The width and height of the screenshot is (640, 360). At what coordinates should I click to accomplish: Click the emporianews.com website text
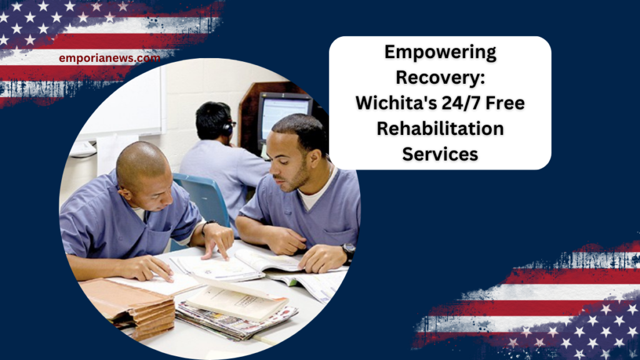click(109, 58)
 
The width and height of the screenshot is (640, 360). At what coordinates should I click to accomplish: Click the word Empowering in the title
click(440, 53)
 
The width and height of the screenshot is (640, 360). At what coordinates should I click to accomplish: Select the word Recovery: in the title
click(440, 78)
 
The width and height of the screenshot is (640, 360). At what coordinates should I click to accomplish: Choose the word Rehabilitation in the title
click(440, 128)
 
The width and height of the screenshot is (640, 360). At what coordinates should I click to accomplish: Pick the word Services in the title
click(440, 153)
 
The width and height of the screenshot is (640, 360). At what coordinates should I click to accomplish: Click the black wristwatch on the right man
click(348, 250)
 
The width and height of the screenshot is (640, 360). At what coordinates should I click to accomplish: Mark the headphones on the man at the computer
click(226, 128)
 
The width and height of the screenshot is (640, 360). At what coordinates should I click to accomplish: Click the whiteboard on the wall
click(122, 103)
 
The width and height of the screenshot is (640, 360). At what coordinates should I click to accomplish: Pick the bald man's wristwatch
click(206, 225)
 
